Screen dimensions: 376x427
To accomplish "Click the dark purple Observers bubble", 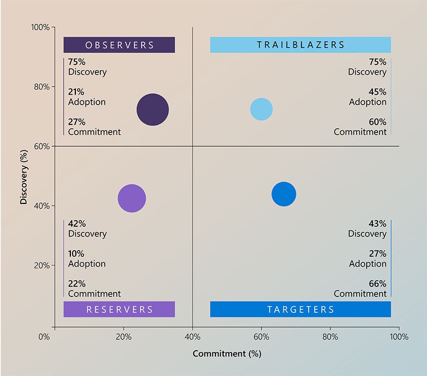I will click(152, 110).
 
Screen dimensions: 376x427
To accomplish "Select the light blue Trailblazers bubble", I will click(262, 109).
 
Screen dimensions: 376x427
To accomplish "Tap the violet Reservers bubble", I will click(132, 198).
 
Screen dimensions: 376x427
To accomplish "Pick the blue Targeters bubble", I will click(284, 194).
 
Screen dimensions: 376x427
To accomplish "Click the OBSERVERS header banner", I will click(119, 45).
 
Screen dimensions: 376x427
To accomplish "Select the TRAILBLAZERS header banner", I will click(301, 45).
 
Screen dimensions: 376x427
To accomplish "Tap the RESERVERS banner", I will click(119, 309).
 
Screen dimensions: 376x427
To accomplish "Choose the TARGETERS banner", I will click(301, 309).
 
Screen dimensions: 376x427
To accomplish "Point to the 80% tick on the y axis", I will click(42, 87).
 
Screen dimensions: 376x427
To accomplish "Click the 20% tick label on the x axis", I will click(123, 337).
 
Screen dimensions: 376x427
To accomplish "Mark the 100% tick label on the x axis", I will click(399, 337).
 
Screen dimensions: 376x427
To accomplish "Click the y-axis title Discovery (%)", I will click(23, 176).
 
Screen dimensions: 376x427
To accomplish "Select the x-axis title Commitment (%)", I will click(227, 354).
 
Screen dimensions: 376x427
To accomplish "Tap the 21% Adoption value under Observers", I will click(76, 92).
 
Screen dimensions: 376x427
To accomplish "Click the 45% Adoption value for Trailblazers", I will click(377, 92).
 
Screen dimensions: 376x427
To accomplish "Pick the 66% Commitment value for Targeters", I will click(377, 284).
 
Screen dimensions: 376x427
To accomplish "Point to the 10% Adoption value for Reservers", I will click(76, 254).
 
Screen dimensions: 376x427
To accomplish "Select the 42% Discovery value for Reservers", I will click(76, 224).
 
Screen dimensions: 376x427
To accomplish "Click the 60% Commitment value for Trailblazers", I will click(377, 122).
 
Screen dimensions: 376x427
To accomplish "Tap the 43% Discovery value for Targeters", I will click(377, 224).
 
